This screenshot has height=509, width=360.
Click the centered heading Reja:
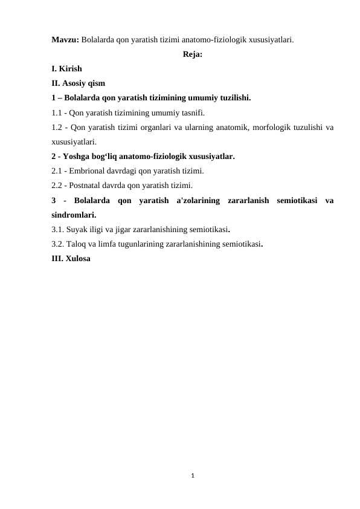coord(192,55)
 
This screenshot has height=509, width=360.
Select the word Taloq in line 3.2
coord(79,244)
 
